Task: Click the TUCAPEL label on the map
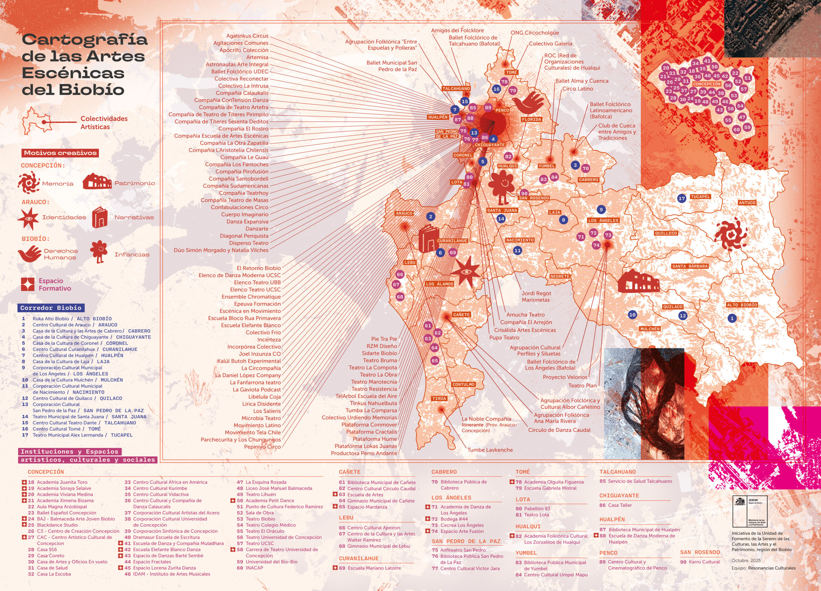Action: [700, 197]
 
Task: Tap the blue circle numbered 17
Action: [681, 199]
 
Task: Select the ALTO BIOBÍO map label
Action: [742, 305]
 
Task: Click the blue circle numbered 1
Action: [732, 318]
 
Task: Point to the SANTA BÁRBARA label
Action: [690, 266]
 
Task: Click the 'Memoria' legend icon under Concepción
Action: [29, 183]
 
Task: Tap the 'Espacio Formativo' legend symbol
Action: [28, 285]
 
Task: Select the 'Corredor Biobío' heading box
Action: [51, 308]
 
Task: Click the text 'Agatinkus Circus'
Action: [247, 36]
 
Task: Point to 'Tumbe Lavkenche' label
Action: [490, 450]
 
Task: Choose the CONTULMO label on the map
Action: [463, 385]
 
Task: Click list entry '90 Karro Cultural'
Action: [700, 562]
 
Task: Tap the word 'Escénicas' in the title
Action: [73, 73]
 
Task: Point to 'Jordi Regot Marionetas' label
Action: [536, 296]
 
